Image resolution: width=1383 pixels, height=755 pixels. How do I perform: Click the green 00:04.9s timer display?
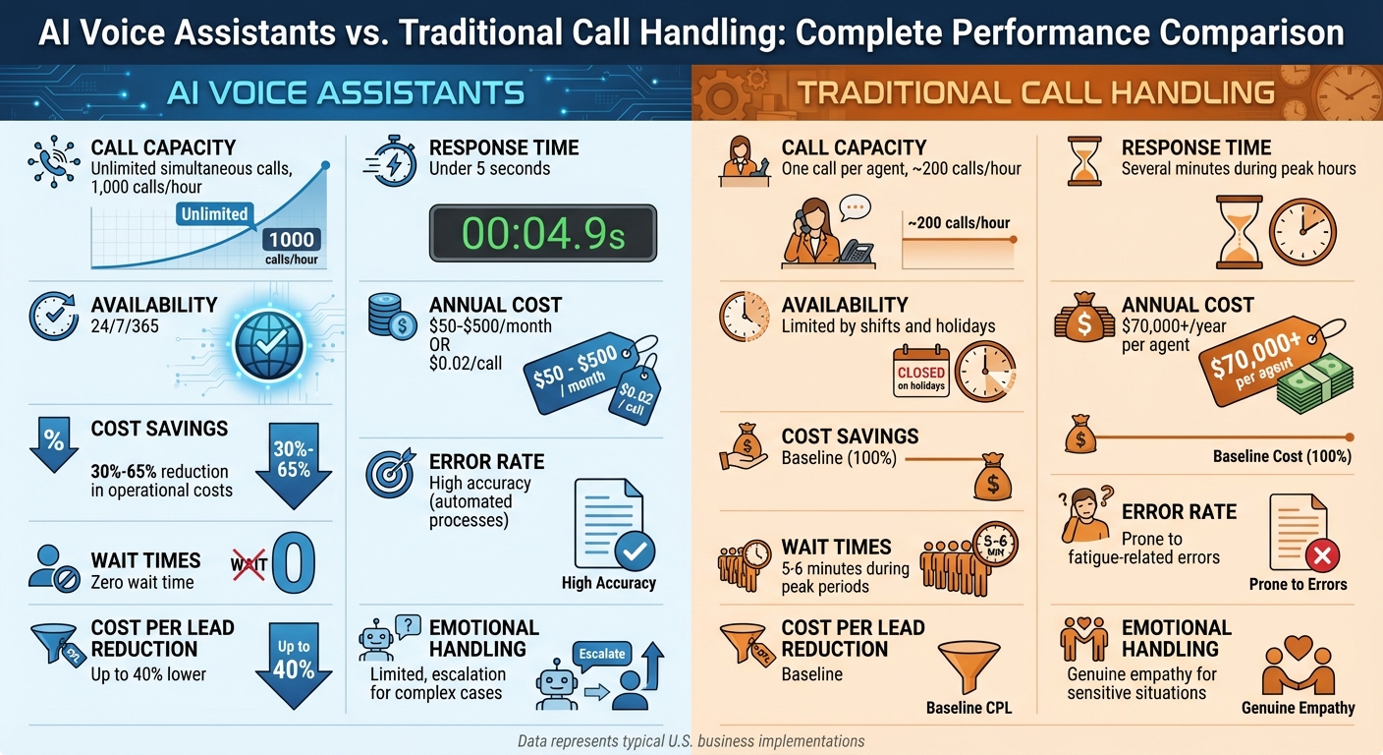point(542,233)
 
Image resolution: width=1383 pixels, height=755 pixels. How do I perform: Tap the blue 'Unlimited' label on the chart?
point(214,213)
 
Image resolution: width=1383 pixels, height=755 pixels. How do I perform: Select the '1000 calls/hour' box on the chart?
point(291,246)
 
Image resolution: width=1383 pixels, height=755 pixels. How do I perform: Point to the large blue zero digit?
point(293,564)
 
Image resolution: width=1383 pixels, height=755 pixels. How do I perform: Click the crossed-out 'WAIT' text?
point(248,564)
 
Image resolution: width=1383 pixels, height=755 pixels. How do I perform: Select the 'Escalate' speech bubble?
point(602,654)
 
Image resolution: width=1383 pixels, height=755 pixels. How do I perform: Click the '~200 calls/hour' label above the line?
point(958,223)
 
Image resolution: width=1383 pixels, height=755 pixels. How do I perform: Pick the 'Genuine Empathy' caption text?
point(1298,708)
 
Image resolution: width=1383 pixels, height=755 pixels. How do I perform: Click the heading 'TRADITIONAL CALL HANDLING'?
point(1035,93)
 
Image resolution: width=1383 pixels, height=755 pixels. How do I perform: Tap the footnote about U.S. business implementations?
point(691,741)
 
